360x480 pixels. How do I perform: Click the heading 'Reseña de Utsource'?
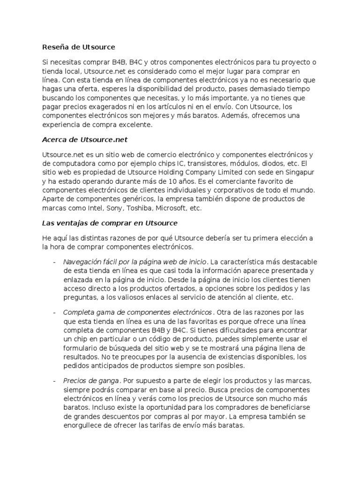click(x=78, y=47)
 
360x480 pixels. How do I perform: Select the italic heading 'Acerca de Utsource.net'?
click(x=85, y=140)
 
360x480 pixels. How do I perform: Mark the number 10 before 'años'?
click(x=161, y=181)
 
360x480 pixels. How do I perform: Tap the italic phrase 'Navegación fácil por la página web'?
click(x=127, y=261)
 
